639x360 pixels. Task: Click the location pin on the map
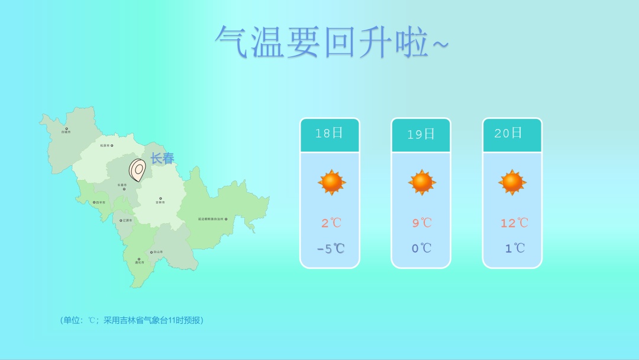pos(137,170)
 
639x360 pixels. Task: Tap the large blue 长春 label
pos(162,159)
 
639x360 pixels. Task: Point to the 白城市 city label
pos(66,132)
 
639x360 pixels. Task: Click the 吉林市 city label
pos(160,202)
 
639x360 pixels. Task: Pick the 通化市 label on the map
pos(139,262)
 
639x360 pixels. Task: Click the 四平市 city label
pos(100,202)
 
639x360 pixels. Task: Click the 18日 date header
pos(329,133)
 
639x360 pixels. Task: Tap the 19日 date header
pos(421,134)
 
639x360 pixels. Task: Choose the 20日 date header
pos(509,133)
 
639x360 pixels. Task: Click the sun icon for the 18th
pos(331,182)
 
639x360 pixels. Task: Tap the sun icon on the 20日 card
pos(512,182)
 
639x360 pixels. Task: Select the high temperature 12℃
pos(514,223)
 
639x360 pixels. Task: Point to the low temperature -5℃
pos(330,249)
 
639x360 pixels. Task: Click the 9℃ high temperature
pos(422,223)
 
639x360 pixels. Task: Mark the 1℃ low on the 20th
pos(514,249)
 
